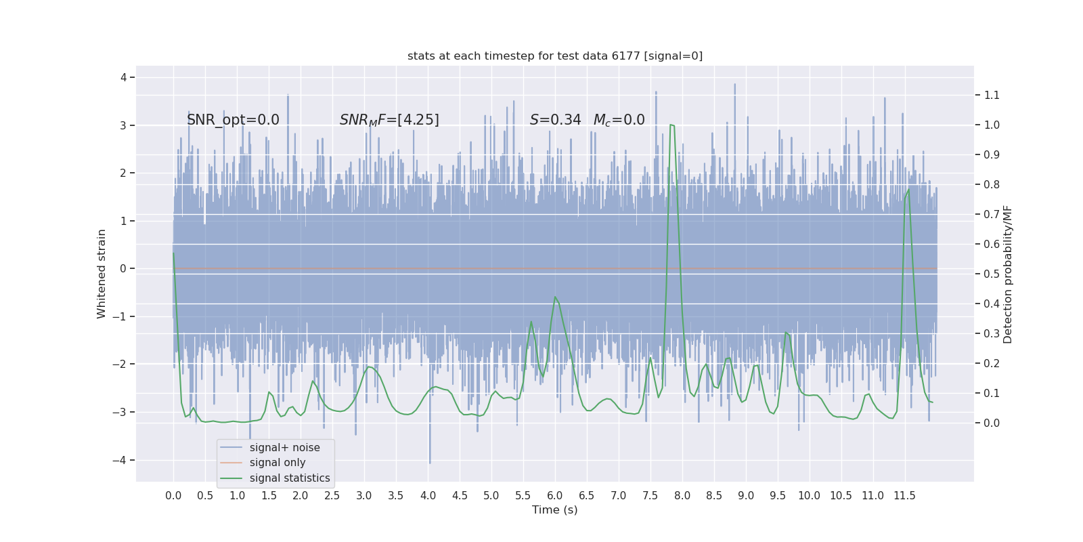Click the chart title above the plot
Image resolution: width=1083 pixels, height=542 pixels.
555,56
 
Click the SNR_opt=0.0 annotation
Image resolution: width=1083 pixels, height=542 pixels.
233,120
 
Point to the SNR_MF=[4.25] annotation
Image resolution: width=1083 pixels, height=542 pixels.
389,120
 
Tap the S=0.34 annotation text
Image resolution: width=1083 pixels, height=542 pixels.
555,120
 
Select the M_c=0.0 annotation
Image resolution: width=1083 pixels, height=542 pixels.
619,120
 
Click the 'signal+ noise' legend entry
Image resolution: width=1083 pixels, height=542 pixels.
284,448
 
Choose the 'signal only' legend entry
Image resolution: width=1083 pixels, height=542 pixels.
278,463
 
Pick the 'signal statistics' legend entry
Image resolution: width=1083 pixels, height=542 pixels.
290,478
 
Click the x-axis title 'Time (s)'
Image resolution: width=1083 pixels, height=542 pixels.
555,510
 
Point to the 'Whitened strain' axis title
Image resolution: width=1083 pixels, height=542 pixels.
102,274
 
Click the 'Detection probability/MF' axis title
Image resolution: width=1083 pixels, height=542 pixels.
1008,274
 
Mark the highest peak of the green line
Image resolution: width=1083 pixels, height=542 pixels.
671,125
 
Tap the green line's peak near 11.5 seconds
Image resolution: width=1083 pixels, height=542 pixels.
908,189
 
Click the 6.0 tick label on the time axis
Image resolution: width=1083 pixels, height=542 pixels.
555,496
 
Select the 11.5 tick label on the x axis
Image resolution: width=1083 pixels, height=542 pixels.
904,496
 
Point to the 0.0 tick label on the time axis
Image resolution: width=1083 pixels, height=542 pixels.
173,496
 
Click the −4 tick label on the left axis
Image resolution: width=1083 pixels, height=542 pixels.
123,461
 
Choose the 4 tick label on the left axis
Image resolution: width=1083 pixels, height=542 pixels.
124,77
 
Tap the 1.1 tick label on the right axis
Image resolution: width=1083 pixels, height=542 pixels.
992,96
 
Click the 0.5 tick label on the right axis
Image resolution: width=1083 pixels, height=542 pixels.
992,274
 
